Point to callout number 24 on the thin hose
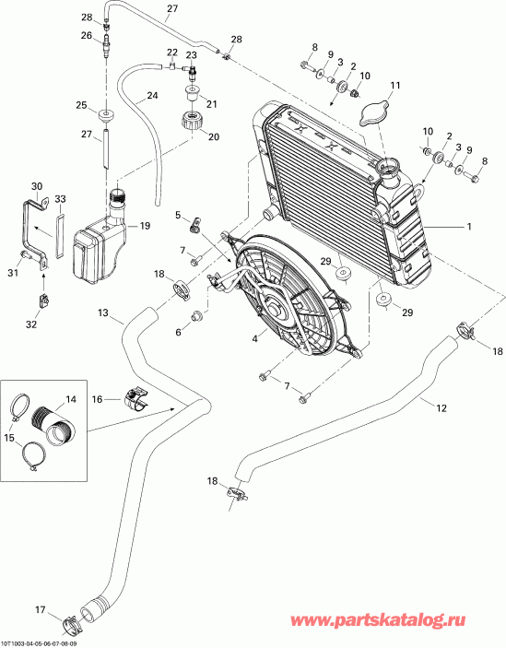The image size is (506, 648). [x=152, y=95]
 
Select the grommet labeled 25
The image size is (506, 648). [x=109, y=117]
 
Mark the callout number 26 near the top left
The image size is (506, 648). [x=86, y=36]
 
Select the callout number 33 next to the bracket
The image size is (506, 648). [x=60, y=198]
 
